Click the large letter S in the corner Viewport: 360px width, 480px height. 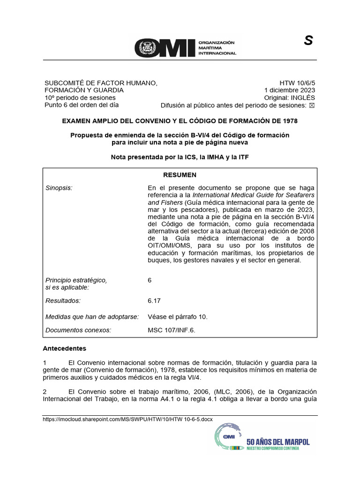tap(308, 41)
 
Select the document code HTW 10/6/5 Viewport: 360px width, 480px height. tap(297, 82)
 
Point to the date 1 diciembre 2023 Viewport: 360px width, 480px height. tap(290, 90)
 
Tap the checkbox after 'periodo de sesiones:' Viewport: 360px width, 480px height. tap(312, 105)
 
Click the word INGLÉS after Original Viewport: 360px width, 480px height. tap(303, 97)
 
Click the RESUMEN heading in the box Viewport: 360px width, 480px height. tap(180, 175)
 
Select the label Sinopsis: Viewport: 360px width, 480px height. tap(59, 187)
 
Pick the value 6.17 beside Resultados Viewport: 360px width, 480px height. tap(154, 300)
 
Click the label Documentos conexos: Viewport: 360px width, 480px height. tap(78, 330)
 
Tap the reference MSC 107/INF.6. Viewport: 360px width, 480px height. tap(171, 330)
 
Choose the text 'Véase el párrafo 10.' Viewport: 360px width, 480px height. tap(177, 316)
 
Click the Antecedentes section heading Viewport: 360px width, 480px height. tap(65, 349)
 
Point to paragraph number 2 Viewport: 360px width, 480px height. tap(45, 391)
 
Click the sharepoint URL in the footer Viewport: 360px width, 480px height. tap(127, 419)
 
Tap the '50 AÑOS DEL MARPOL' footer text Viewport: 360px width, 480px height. tap(278, 441)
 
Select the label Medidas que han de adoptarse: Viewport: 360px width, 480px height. tap(92, 316)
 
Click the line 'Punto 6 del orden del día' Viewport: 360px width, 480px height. tap(82, 105)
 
